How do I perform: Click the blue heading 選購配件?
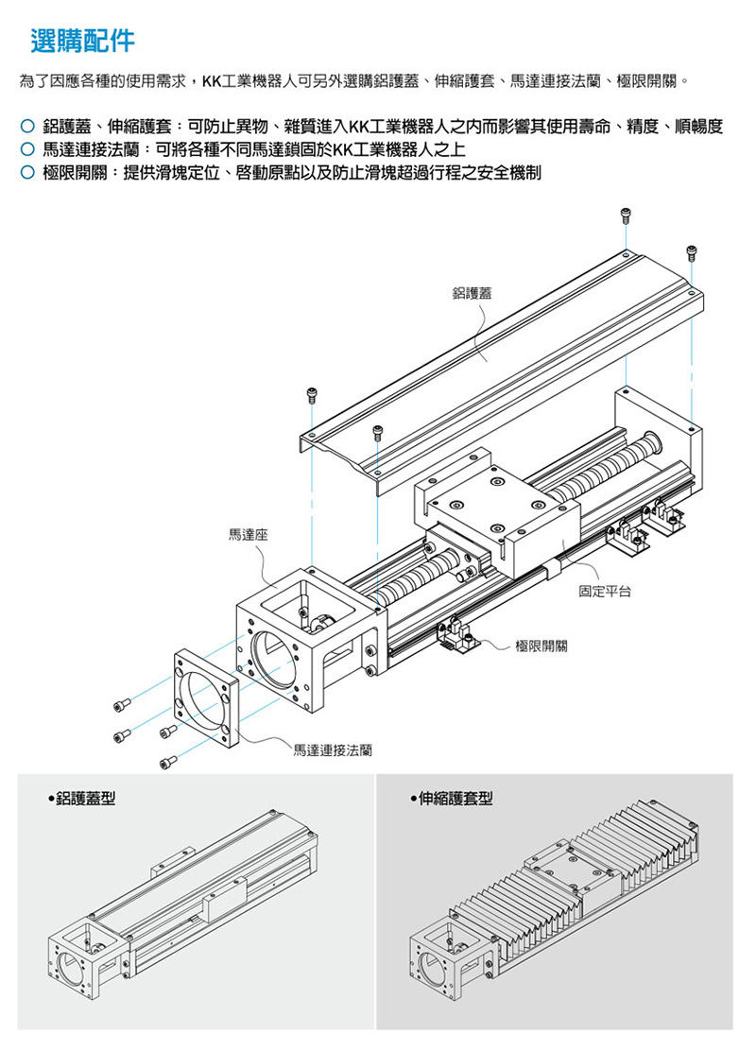tap(82, 41)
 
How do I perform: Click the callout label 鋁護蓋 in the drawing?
tap(472, 293)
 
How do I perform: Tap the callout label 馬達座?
tap(248, 534)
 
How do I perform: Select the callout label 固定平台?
tap(605, 592)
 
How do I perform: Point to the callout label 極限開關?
tap(541, 646)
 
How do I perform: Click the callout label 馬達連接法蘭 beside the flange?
tap(333, 750)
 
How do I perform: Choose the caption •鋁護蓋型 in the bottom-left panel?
tap(82, 799)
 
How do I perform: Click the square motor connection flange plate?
tap(206, 698)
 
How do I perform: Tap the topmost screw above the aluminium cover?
tap(626, 215)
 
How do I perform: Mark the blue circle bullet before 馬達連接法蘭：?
tap(26, 148)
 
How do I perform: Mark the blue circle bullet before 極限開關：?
tap(26, 173)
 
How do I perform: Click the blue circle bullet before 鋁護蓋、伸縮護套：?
tap(26, 126)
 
